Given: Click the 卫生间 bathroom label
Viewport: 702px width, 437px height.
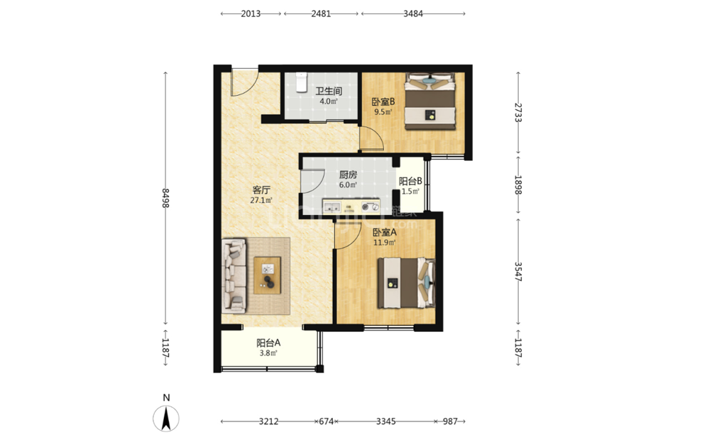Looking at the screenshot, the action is (x=329, y=91).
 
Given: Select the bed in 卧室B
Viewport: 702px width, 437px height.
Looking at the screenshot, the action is (x=430, y=101).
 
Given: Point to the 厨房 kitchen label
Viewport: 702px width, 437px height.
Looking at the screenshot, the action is (x=348, y=175).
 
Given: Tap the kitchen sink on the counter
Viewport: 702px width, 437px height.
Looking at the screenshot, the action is (x=332, y=207).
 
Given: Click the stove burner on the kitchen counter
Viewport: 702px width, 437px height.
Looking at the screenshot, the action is (x=371, y=206).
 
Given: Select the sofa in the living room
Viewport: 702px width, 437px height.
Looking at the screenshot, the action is (x=234, y=275).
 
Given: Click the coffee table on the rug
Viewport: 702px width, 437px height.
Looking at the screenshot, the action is (x=268, y=275).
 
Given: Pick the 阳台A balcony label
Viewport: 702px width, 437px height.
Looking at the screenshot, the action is (x=268, y=343).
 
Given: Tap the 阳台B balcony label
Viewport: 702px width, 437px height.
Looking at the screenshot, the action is (x=410, y=181).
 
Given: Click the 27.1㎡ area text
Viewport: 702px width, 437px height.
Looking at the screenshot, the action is (x=261, y=200).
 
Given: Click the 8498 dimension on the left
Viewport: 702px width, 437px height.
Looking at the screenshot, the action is (x=165, y=198).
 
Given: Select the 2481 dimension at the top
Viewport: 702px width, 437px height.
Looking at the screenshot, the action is (x=321, y=13).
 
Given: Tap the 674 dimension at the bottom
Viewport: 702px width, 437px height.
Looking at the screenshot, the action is (x=327, y=421).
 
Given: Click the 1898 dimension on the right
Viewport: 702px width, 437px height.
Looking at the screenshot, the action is (x=518, y=184).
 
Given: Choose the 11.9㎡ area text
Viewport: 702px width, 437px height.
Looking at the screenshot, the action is (x=385, y=243).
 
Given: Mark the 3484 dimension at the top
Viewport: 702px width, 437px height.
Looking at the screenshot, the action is (x=413, y=13).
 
